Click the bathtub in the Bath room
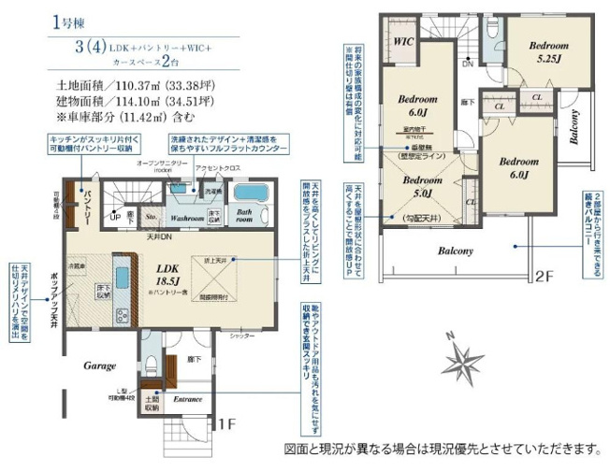pyautogui.click(x=249, y=194)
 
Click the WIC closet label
pyautogui.click(x=404, y=41)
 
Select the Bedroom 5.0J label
pyautogui.click(x=417, y=187)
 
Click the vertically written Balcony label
pyautogui.click(x=575, y=128)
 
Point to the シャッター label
pyautogui.click(x=241, y=335)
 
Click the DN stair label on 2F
pyautogui.click(x=467, y=64)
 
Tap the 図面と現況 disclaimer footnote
pyautogui.click(x=442, y=448)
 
